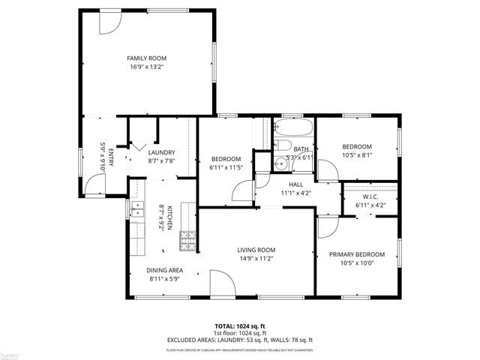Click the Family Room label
click(146, 58)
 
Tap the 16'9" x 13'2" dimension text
click(146, 67)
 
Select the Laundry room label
click(161, 152)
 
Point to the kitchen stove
click(187, 241)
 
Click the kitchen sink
click(138, 208)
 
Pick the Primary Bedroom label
click(357, 254)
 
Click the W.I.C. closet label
click(369, 197)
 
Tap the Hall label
click(295, 184)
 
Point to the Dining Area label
click(165, 270)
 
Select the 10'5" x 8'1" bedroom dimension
click(357, 155)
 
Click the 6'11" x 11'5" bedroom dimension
click(226, 167)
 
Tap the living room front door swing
click(220, 286)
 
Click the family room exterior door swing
click(109, 23)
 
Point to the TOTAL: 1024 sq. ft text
click(240, 326)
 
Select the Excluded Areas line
click(240, 339)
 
